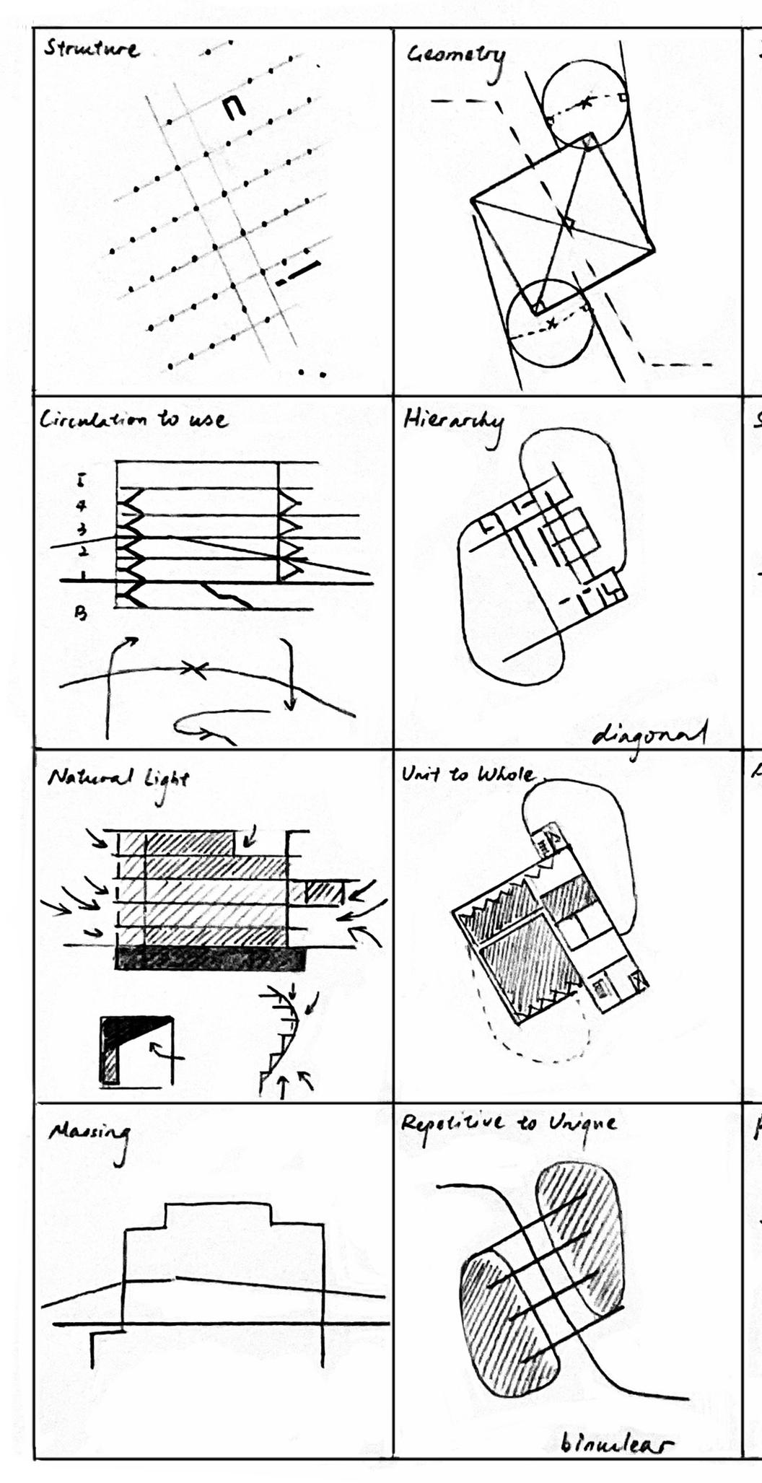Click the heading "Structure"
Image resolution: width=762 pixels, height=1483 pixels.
pos(91,49)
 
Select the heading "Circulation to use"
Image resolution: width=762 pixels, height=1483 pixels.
pos(133,420)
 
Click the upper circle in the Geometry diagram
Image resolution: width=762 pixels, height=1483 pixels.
pos(584,102)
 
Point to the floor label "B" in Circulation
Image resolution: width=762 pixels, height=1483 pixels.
pos(82,614)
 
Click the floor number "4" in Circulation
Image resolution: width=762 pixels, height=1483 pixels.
pos(82,507)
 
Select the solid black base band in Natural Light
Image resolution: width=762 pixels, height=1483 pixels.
pos(209,959)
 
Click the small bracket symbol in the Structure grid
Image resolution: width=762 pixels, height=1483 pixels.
pos(233,108)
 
